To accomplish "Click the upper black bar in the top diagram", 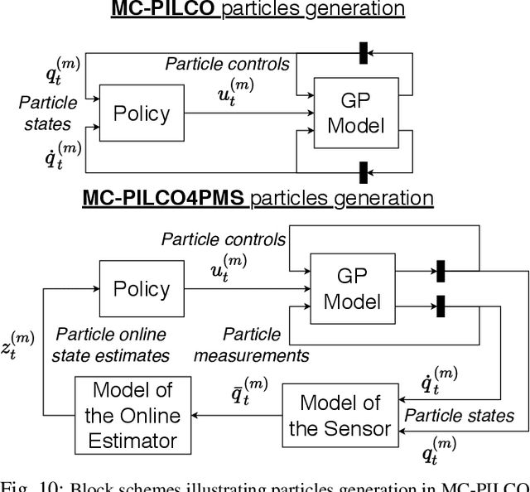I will tap(363, 52).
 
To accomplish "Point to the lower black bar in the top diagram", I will tap(363, 172).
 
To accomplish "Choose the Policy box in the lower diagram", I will tap(142, 289).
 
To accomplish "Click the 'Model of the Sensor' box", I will tap(340, 415).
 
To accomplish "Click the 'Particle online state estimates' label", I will tap(110, 345).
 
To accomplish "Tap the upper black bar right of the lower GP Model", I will tap(441, 271).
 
